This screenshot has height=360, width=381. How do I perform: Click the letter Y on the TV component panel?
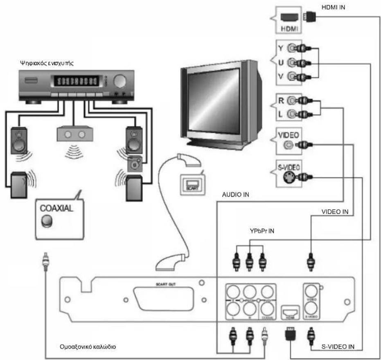click(280, 48)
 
